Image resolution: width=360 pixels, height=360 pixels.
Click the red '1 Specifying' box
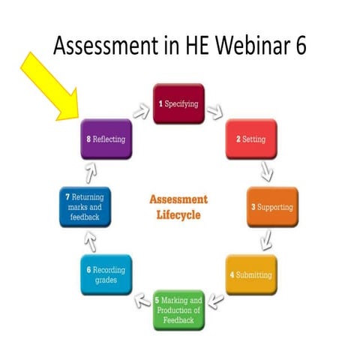click(178, 103)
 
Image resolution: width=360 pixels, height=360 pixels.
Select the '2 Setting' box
click(251, 139)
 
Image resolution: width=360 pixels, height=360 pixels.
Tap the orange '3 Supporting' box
click(272, 206)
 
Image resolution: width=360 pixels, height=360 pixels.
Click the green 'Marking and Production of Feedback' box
click(178, 310)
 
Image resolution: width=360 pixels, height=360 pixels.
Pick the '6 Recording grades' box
click(106, 274)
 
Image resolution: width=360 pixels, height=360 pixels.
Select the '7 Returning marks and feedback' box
click(85, 206)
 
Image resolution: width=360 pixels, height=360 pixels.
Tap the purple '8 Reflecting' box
click(105, 139)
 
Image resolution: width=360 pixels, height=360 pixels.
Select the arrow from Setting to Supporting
click(265, 172)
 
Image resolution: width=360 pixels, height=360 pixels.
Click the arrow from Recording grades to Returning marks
click(91, 241)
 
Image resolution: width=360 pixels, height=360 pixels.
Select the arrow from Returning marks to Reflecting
click(91, 172)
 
